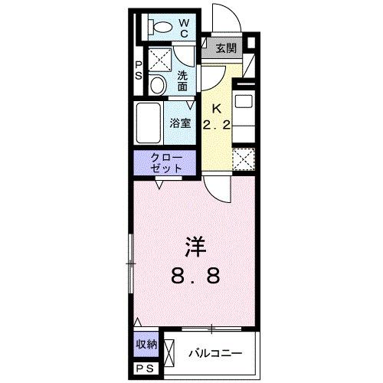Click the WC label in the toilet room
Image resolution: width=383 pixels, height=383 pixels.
tap(184, 28)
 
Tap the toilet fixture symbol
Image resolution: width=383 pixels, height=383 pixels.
tap(162, 27)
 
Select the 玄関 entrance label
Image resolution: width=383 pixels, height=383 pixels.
tap(224, 49)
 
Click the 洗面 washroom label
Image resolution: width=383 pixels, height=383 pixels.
tap(184, 80)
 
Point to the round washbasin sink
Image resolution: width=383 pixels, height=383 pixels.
tap(156, 83)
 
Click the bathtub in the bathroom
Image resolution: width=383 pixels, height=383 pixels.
tap(149, 120)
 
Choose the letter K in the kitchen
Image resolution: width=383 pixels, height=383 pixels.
tap(216, 108)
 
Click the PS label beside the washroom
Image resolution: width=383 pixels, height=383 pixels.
tap(139, 70)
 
